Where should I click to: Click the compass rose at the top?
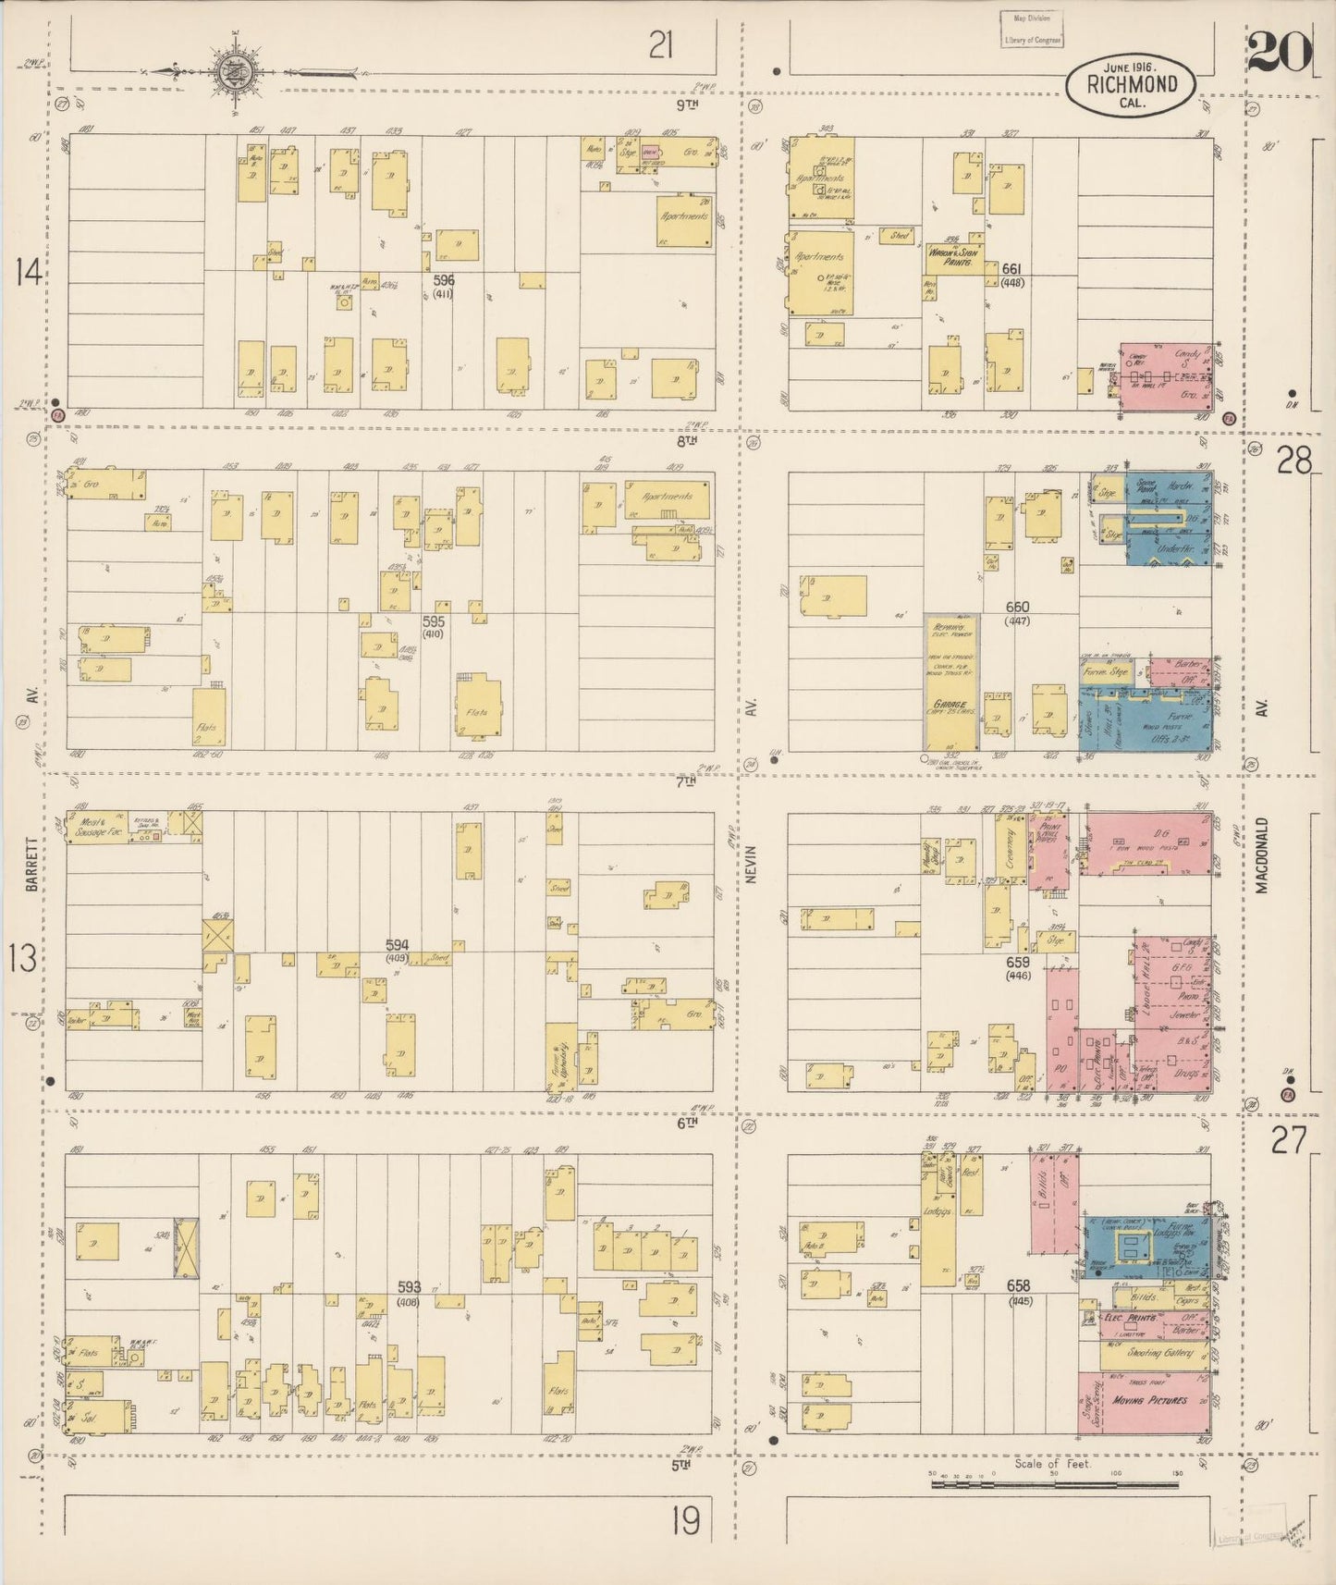pos(232,72)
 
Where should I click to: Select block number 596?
pos(444,279)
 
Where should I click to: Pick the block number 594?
pos(397,945)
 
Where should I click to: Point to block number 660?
pos(1017,608)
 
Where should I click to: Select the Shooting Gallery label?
pos(1158,1353)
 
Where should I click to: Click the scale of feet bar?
pos(1054,1484)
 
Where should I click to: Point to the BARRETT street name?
pos(32,865)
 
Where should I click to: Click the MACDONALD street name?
pos(1262,855)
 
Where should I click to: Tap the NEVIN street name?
pos(750,865)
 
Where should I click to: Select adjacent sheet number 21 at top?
pos(660,44)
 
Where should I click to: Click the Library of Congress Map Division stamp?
pos(1032,29)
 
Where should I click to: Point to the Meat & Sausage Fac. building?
pos(103,826)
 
